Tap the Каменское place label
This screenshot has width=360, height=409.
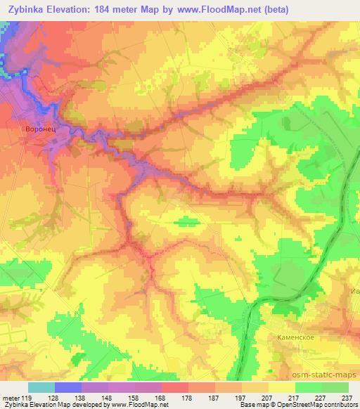tap(291, 337)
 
